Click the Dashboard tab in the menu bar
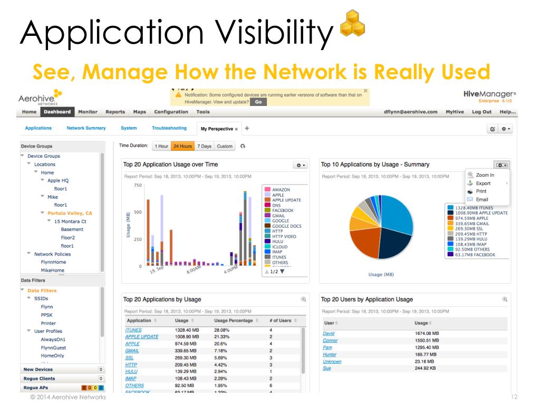[x=57, y=112]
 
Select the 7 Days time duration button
[x=204, y=146]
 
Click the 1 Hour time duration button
[x=161, y=146]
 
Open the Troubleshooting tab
[x=169, y=128]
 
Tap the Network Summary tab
[x=86, y=128]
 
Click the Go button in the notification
[x=258, y=102]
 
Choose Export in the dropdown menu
[x=483, y=183]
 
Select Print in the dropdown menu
[x=481, y=191]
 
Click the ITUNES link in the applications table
[x=134, y=330]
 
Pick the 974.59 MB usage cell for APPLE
[x=187, y=344]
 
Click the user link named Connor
[x=330, y=341]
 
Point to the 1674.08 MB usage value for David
[x=427, y=334]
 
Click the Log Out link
[x=481, y=112]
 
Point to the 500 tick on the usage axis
[x=138, y=213]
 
